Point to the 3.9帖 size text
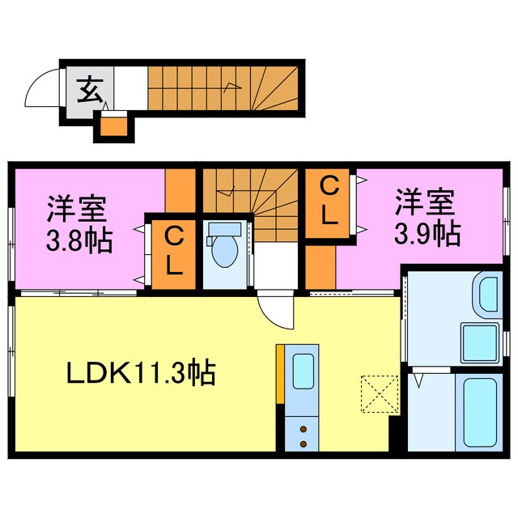(427, 234)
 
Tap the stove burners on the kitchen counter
(304, 435)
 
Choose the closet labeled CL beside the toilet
(172, 250)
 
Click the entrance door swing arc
(40, 89)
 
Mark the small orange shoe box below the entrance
(113, 125)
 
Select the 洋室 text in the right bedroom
(424, 200)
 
